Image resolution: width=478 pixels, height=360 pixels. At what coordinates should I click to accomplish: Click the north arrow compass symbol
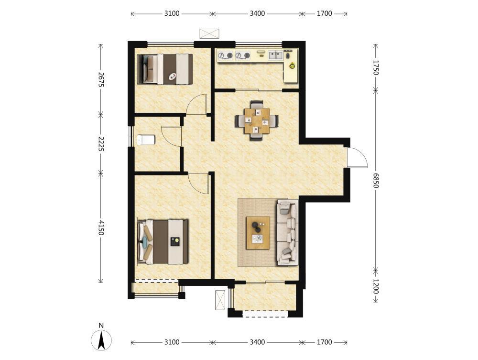(x=101, y=340)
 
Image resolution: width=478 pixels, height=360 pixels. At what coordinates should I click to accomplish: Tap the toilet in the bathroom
(x=146, y=140)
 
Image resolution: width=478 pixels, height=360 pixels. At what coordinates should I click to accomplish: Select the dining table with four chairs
(x=257, y=120)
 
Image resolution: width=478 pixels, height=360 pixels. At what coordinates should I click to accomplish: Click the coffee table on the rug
(x=258, y=233)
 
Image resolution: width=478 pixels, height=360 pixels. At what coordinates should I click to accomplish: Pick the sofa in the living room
(x=287, y=232)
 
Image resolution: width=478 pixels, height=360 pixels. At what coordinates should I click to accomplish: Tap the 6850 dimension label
(x=376, y=180)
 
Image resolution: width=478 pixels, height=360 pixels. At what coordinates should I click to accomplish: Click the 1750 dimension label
(x=376, y=67)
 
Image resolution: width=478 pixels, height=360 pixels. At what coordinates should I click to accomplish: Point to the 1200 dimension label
(x=376, y=286)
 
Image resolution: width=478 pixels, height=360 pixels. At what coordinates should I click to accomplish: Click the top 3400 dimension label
(x=257, y=13)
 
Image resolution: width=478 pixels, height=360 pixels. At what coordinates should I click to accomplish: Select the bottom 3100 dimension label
(x=172, y=342)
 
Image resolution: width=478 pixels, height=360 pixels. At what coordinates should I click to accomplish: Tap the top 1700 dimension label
(x=325, y=13)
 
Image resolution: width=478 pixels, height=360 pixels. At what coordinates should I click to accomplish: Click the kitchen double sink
(x=276, y=55)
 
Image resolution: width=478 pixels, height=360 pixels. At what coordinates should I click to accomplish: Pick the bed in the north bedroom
(x=165, y=69)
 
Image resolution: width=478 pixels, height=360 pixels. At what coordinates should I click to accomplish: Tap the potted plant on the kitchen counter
(x=293, y=65)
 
